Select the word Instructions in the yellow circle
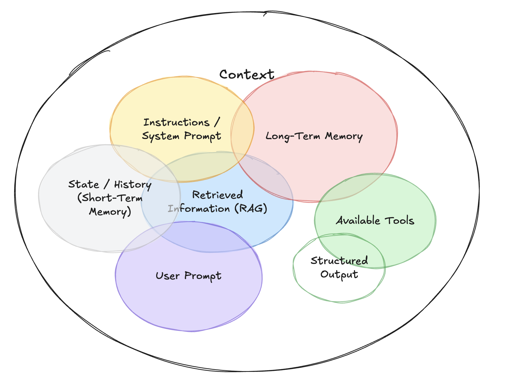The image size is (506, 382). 176,123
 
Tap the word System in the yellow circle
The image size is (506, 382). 161,136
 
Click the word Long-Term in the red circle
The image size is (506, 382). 293,136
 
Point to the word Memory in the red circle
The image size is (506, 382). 344,136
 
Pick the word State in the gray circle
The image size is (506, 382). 84,184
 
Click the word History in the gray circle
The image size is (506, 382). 133,184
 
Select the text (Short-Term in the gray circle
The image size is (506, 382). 110,198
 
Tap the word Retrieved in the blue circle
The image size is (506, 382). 218,195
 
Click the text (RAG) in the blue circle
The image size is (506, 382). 251,209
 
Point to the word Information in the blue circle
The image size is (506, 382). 199,209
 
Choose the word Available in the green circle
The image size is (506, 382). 358,221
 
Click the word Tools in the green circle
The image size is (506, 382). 400,221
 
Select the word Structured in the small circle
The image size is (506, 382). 339,261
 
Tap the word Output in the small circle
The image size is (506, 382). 339,274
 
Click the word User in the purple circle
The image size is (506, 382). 168,276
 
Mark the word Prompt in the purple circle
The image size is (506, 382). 203,276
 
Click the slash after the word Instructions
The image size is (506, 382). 217,122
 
